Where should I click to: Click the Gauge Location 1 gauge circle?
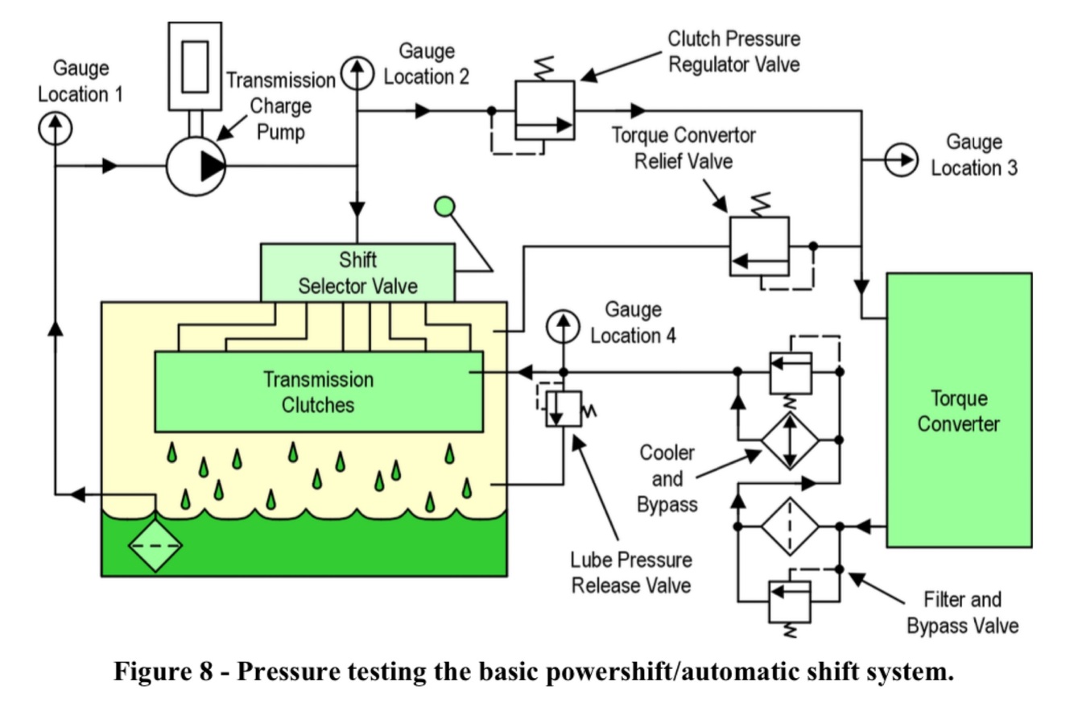pyautogui.click(x=55, y=129)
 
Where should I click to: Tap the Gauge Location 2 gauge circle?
pyautogui.click(x=357, y=73)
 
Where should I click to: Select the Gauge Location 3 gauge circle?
pyautogui.click(x=902, y=159)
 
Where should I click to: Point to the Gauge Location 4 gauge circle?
pyautogui.click(x=563, y=327)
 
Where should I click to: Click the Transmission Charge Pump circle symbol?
pyautogui.click(x=196, y=167)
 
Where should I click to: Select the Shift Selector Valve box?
pyautogui.click(x=357, y=273)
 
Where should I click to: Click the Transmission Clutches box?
pyautogui.click(x=319, y=392)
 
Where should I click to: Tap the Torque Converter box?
pyautogui.click(x=959, y=411)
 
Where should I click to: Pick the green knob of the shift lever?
pyautogui.click(x=444, y=207)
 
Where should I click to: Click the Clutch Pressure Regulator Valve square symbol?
pyautogui.click(x=545, y=111)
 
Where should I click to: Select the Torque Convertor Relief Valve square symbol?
pyautogui.click(x=759, y=246)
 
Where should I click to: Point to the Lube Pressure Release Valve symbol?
pyautogui.click(x=564, y=409)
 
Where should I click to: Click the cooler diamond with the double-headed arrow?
pyautogui.click(x=790, y=440)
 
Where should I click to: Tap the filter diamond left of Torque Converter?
pyautogui.click(x=790, y=527)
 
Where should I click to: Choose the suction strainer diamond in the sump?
pyautogui.click(x=155, y=546)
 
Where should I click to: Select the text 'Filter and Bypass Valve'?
pyautogui.click(x=962, y=613)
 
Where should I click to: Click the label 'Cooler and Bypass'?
pyautogui.click(x=667, y=478)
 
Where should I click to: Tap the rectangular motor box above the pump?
pyautogui.click(x=195, y=66)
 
